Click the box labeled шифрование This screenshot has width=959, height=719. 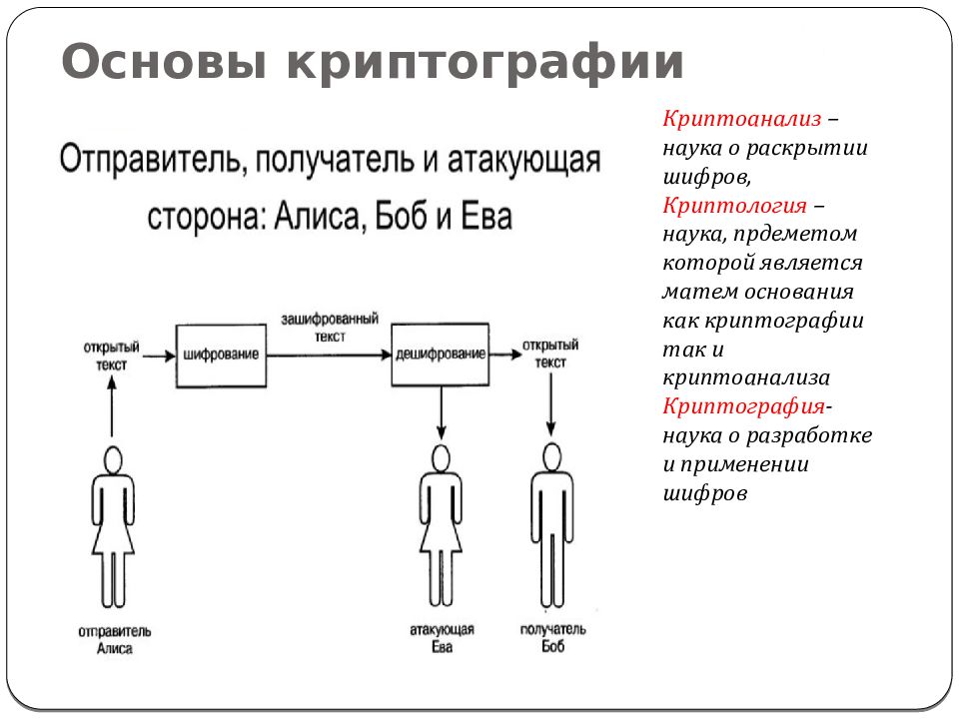pyautogui.click(x=221, y=356)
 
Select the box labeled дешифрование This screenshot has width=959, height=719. pyautogui.click(x=441, y=355)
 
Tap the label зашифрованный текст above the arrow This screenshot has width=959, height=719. pyautogui.click(x=330, y=328)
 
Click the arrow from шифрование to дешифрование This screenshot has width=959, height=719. pyautogui.click(x=329, y=356)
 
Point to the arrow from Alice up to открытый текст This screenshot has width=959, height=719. pyautogui.click(x=112, y=406)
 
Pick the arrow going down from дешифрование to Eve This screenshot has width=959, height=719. pyautogui.click(x=441, y=412)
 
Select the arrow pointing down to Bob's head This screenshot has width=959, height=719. pyautogui.click(x=551, y=404)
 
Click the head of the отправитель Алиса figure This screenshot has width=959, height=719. pyautogui.click(x=113, y=460)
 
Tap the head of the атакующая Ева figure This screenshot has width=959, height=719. pyautogui.click(x=441, y=458)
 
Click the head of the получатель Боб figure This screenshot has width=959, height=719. pyautogui.click(x=552, y=457)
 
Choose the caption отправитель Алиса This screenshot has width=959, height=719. pyautogui.click(x=114, y=639)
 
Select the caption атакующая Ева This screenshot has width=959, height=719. pyautogui.click(x=442, y=638)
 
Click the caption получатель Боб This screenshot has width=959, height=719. pyautogui.click(x=552, y=638)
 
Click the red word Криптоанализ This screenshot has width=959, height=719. pyautogui.click(x=742, y=119)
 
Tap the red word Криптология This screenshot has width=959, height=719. pyautogui.click(x=734, y=206)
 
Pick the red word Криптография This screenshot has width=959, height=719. pyautogui.click(x=743, y=406)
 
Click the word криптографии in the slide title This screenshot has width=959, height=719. pyautogui.click(x=484, y=63)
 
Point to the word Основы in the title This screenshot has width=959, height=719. pyautogui.click(x=165, y=62)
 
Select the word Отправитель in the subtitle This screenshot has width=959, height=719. pyautogui.click(x=153, y=160)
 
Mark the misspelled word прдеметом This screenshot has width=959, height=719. pyautogui.click(x=795, y=235)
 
